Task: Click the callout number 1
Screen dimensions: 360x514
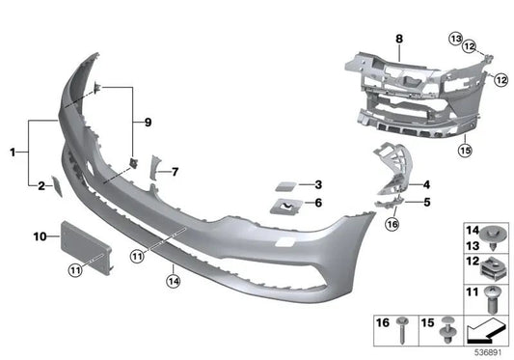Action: (13, 152)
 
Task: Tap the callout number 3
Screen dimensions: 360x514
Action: (318, 183)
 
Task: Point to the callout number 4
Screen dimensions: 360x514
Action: (426, 183)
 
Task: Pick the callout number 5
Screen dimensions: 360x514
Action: (426, 202)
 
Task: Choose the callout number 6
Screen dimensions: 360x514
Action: (318, 203)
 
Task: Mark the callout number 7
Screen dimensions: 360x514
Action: (176, 172)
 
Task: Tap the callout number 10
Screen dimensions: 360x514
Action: (41, 235)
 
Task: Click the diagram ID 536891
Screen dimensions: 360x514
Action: (490, 353)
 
